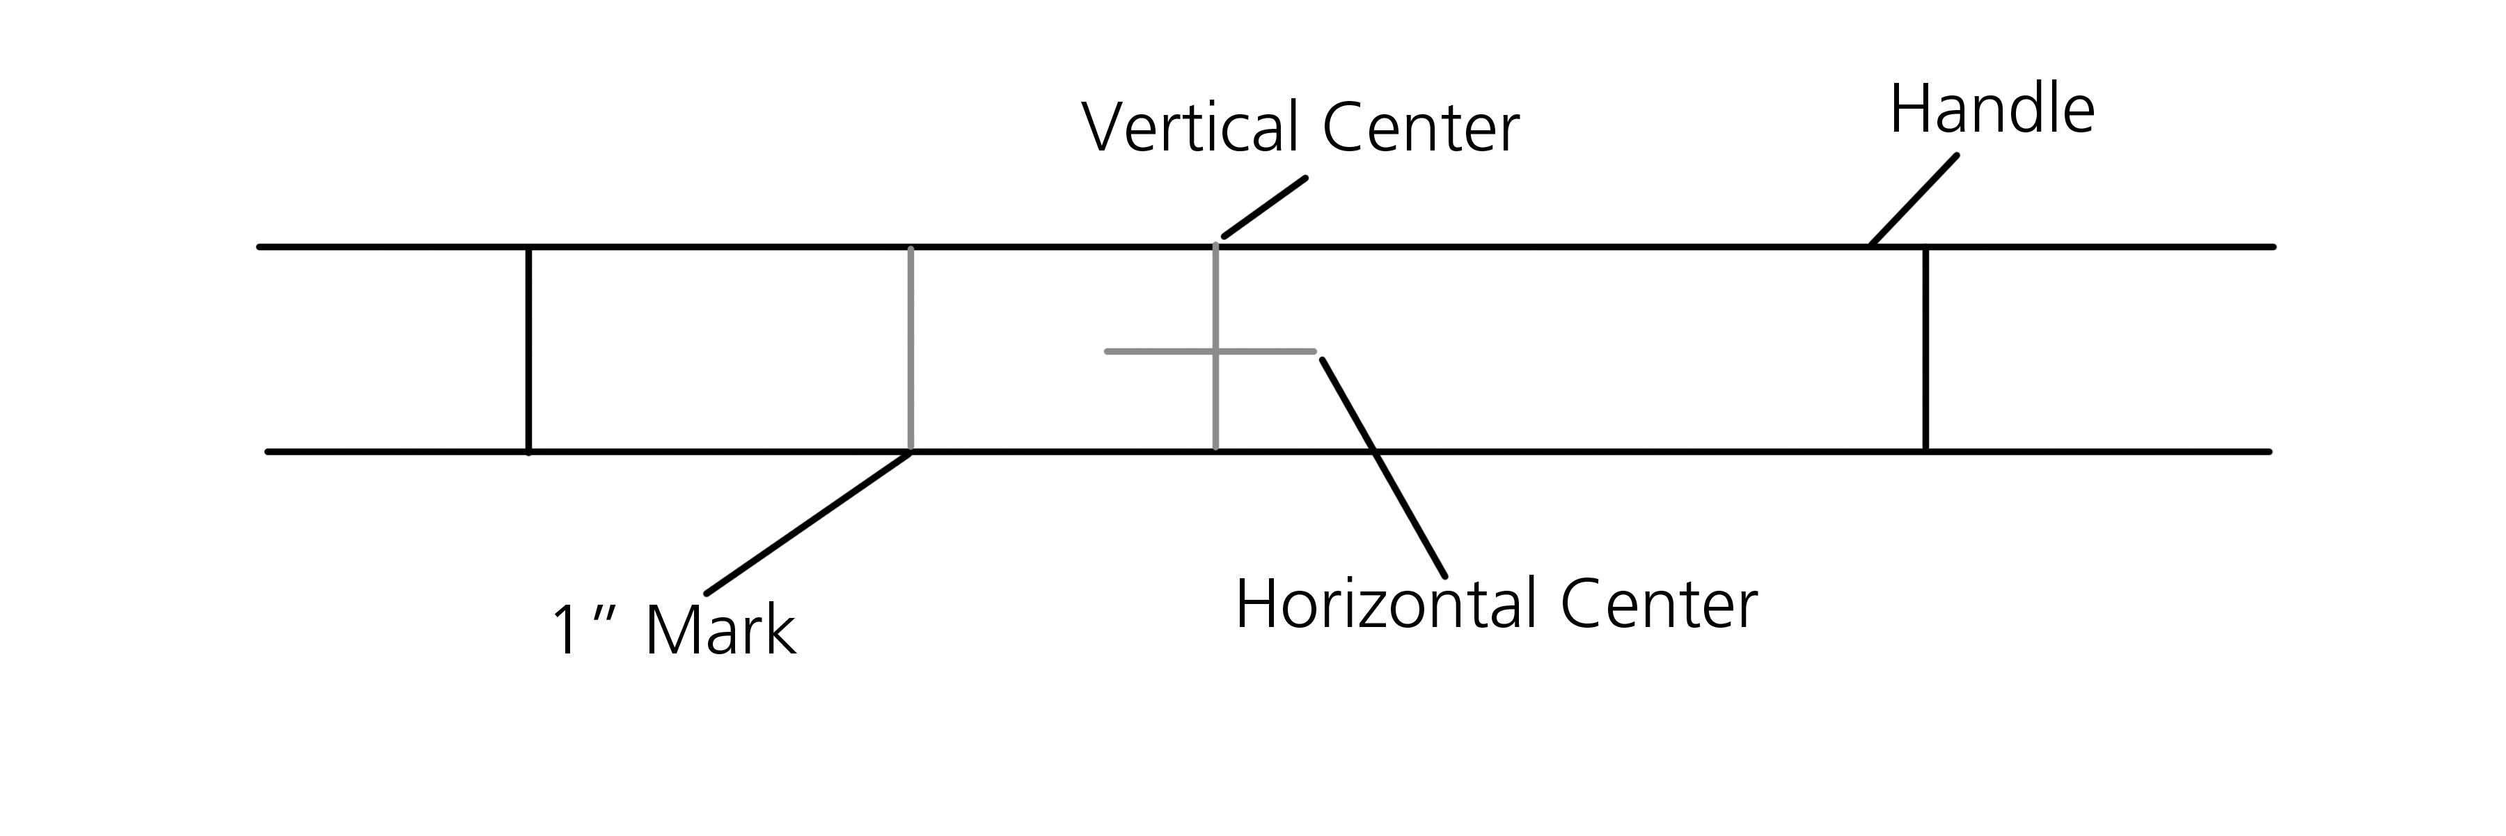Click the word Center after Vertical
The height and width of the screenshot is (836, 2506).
[1420, 127]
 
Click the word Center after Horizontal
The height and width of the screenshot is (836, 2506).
[1659, 605]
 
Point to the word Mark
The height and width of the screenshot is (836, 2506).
[720, 630]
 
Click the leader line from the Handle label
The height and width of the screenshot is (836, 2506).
[1914, 199]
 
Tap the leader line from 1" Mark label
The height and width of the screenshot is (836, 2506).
[807, 522]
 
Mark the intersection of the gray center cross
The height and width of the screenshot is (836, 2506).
[1215, 350]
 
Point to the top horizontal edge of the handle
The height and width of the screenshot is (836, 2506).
[1557, 247]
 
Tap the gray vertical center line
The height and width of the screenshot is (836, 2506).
[1215, 409]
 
